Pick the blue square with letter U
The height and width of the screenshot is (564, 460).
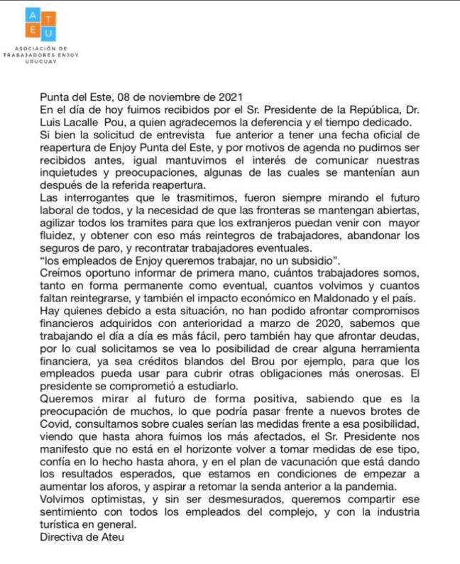pyautogui.click(x=48, y=33)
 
